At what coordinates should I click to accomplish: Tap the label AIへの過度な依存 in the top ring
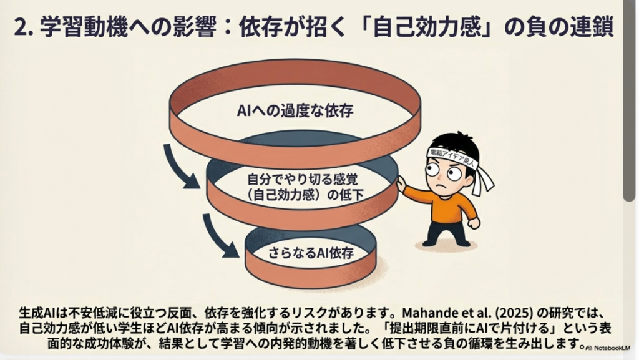pos(295,110)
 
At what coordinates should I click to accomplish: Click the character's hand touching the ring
pos(401,183)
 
